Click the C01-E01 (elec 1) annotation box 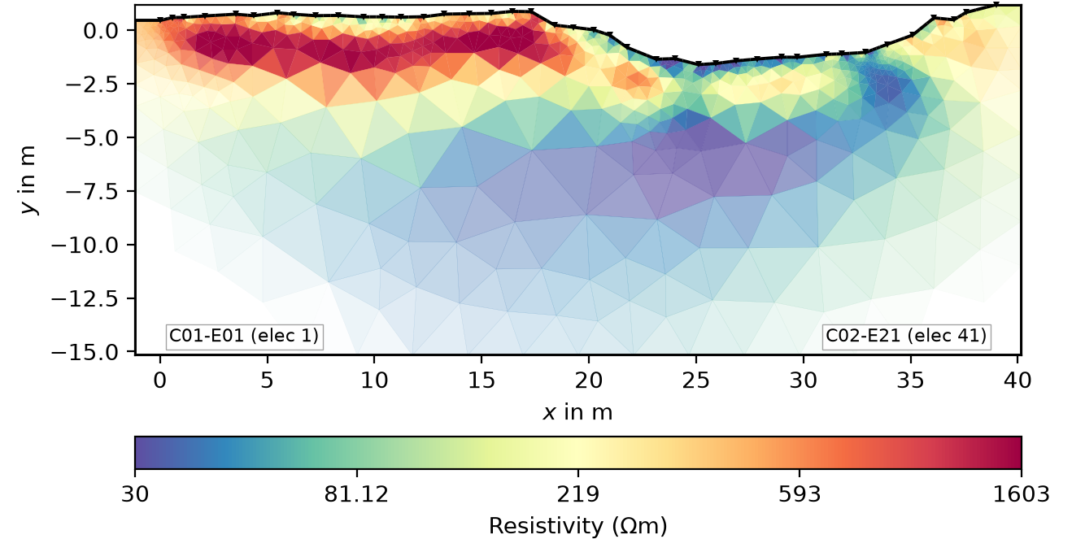[245, 336]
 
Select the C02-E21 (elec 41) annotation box [906, 336]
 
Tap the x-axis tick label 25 [696, 380]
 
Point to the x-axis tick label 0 [160, 380]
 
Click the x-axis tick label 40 [1017, 380]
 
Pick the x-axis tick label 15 [481, 380]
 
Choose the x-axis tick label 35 [911, 380]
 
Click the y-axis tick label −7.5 [92, 192]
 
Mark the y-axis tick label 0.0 [101, 31]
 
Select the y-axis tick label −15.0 [85, 352]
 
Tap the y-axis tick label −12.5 [85, 299]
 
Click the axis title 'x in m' [577, 413]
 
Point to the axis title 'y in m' [28, 180]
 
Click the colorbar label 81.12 [356, 494]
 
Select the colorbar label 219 [577, 494]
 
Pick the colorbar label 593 [800, 494]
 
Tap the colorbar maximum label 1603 [1022, 494]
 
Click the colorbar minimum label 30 [135, 494]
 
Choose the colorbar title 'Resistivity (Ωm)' [577, 526]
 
